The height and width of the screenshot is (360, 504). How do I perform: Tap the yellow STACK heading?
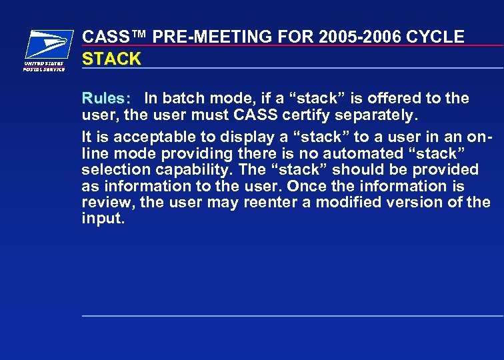pyautogui.click(x=111, y=59)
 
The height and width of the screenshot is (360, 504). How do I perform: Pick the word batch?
pyautogui.click(x=184, y=99)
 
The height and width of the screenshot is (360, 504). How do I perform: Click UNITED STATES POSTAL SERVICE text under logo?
pyautogui.click(x=45, y=67)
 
